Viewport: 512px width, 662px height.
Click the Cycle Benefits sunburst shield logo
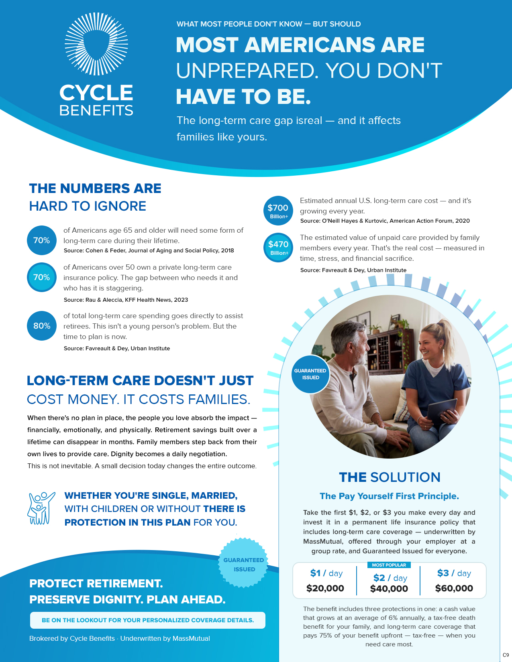point(96,44)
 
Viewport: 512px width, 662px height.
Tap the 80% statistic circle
point(42,326)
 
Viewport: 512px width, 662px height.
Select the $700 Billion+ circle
point(278,211)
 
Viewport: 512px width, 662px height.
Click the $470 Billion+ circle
point(278,248)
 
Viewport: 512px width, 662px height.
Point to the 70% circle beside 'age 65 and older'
point(42,240)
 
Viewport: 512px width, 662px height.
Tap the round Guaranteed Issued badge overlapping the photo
point(310,374)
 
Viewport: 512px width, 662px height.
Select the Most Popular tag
point(389,565)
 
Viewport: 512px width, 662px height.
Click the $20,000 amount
point(325,588)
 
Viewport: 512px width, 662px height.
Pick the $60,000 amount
point(454,588)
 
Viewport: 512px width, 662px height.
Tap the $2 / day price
point(390,578)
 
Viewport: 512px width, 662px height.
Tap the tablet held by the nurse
point(442,412)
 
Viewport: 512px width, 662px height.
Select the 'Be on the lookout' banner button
point(148,620)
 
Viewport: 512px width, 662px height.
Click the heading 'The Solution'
point(390,477)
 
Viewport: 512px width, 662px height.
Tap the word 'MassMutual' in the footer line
point(191,638)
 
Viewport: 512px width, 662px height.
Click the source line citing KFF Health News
point(126,300)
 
